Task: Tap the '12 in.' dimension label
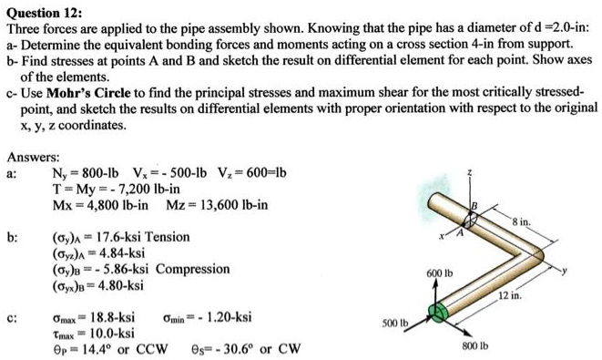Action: pos(509,293)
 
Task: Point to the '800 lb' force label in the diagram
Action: pos(475,346)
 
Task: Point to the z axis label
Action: pos(469,170)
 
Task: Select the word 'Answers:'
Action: pos(33,157)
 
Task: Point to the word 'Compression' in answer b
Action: pos(192,269)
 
